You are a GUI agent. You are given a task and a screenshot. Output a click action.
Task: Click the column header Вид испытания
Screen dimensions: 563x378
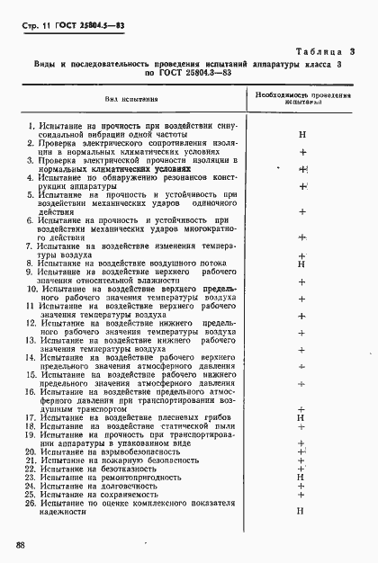click(125, 99)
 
